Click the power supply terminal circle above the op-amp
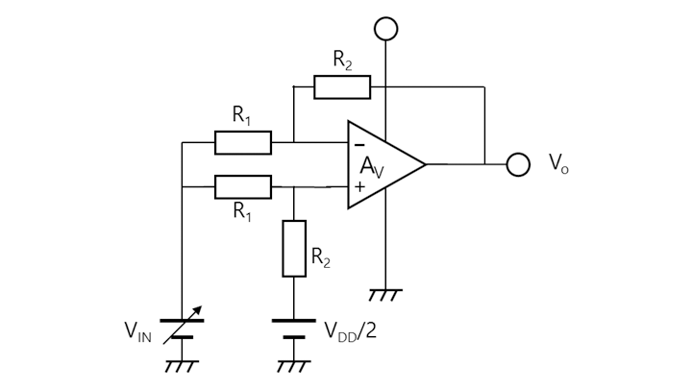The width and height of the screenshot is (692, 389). point(385,29)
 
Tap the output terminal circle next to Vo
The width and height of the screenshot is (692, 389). point(518,164)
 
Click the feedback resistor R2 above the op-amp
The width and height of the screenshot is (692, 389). point(342,87)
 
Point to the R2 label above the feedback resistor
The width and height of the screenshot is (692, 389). point(342,60)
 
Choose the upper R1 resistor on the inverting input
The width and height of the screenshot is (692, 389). point(242,143)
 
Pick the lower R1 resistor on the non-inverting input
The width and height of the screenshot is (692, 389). point(242,186)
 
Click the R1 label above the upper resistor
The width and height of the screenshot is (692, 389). point(242,115)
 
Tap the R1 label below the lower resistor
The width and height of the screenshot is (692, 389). point(242,212)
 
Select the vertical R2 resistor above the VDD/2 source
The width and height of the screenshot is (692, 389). point(294,249)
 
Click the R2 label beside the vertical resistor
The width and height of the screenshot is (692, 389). point(322,256)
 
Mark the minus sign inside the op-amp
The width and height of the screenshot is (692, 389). point(359,144)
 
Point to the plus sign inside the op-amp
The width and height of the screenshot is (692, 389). point(359,186)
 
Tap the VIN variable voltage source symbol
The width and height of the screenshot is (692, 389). point(182,328)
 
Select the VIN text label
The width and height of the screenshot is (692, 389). point(138,332)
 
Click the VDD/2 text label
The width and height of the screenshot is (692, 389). point(351,331)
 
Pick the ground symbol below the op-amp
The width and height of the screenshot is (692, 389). point(385,294)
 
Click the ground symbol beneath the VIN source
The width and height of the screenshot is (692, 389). point(182,366)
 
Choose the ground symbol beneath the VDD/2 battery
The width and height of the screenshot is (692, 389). point(294,366)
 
